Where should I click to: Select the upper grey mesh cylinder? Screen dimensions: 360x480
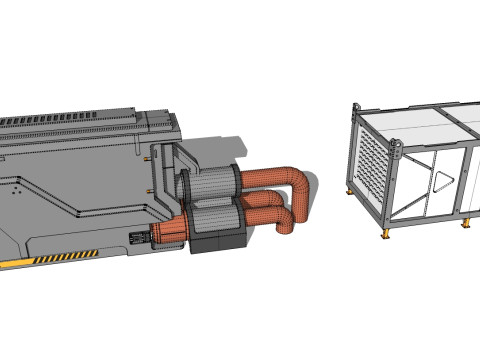(211, 184)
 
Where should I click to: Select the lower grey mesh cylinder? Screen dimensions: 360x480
(214, 216)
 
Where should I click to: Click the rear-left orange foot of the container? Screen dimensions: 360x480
(348, 191)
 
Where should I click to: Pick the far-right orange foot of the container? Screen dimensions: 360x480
(467, 223)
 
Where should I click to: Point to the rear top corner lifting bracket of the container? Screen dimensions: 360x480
(355, 106)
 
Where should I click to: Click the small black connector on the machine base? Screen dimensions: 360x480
(138, 239)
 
